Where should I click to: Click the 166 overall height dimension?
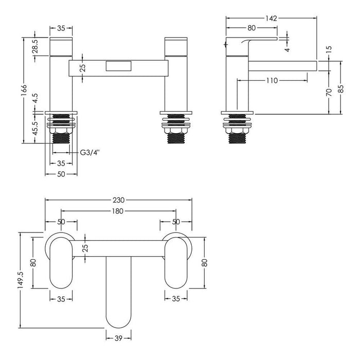pos(23,90)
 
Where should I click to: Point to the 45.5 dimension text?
pos(35,128)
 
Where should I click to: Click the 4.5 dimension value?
pos(35,99)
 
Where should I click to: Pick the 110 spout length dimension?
pos(272,80)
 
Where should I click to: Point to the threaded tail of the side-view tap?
pos(237,134)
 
